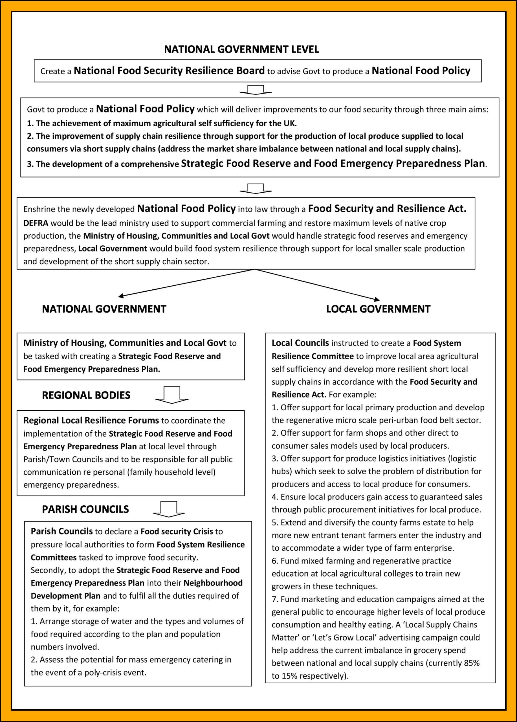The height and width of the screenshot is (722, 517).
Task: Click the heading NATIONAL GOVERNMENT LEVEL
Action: point(241,49)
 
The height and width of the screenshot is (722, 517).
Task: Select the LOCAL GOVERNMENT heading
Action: point(378,309)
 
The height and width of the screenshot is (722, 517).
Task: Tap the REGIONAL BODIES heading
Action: point(86,395)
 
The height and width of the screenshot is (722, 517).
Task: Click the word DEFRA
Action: point(36,223)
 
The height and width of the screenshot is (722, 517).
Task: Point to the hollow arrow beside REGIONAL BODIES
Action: point(172,395)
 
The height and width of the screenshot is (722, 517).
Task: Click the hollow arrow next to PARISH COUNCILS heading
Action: point(169,509)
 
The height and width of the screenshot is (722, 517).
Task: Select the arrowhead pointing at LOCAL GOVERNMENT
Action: point(377,299)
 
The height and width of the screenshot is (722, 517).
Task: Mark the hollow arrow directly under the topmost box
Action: point(256,90)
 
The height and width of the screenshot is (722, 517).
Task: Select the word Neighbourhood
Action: point(213,583)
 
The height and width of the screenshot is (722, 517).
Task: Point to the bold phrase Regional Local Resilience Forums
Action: point(91,421)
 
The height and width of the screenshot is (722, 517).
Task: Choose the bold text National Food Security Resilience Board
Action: point(169,71)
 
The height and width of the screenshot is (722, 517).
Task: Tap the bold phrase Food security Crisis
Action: point(177,532)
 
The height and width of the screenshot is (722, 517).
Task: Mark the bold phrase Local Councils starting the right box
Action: point(300,343)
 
